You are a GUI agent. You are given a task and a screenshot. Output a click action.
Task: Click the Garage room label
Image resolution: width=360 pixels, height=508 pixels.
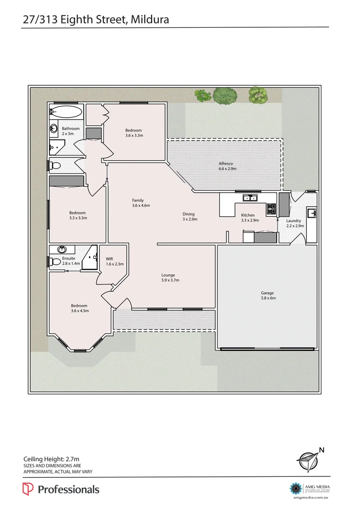[267, 293]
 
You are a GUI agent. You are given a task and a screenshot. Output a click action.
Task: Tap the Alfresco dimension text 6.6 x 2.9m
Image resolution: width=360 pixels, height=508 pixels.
[228, 169]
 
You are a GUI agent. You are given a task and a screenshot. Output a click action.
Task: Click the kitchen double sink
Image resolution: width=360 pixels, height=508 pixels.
[250, 197]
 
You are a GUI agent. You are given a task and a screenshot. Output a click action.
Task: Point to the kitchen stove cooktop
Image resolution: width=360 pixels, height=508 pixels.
[271, 209]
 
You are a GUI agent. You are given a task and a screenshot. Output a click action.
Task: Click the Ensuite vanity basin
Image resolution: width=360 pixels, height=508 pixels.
[62, 250]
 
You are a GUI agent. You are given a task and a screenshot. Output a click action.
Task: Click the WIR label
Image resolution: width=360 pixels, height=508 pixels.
[110, 259]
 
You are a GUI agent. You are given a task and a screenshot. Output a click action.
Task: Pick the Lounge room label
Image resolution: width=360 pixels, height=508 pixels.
[168, 275]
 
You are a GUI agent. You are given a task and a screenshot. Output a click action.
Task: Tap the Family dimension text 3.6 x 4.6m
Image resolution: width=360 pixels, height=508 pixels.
[141, 206]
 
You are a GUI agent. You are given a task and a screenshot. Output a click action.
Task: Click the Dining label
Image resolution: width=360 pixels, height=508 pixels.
[188, 214]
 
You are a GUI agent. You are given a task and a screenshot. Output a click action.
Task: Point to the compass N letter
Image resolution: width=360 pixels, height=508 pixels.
[322, 450]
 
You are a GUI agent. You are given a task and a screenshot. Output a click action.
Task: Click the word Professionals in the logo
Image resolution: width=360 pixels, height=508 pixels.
[68, 489]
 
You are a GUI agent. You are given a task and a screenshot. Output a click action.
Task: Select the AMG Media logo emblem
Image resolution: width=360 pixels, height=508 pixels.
[296, 488]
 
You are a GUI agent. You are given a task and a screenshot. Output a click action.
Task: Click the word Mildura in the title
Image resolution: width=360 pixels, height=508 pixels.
[150, 20]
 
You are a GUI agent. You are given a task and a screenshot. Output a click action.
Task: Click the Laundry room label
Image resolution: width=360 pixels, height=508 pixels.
[294, 221]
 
